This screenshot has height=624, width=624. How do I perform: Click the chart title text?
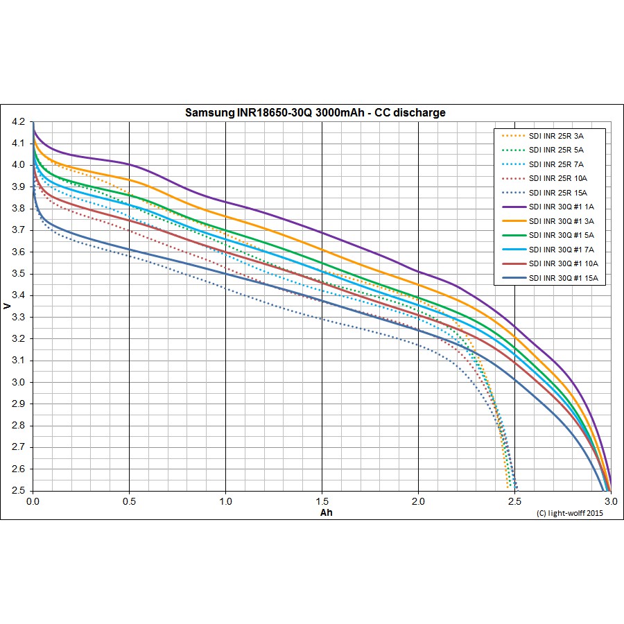click(x=315, y=112)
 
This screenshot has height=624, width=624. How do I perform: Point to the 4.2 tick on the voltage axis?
click(x=19, y=122)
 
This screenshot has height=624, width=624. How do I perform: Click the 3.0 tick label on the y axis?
click(x=19, y=382)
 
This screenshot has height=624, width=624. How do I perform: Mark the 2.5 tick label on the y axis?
click(x=19, y=490)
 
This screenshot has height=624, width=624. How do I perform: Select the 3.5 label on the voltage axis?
click(x=19, y=274)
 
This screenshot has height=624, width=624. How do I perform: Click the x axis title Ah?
click(x=327, y=513)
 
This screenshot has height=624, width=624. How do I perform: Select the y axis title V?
click(x=7, y=306)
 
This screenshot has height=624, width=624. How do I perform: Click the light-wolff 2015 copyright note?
click(x=571, y=513)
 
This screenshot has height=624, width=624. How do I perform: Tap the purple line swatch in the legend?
click(x=512, y=207)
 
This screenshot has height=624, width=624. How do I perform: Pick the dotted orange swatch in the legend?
click(x=512, y=136)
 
